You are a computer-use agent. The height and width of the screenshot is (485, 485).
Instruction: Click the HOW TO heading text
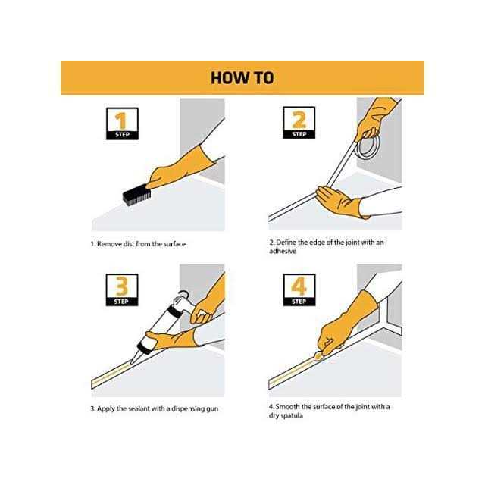click(x=242, y=77)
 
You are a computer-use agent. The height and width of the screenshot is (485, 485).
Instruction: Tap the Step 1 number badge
click(x=122, y=124)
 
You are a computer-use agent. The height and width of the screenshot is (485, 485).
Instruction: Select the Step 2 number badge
click(x=299, y=123)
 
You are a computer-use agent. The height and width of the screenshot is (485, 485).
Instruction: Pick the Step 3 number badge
click(x=122, y=290)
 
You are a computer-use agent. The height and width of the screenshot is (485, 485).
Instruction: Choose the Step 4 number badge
click(x=299, y=290)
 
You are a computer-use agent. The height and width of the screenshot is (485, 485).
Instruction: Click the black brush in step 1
click(x=136, y=195)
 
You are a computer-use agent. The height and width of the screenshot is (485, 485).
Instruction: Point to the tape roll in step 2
click(x=368, y=146)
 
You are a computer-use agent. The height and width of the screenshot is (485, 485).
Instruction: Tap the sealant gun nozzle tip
click(x=132, y=362)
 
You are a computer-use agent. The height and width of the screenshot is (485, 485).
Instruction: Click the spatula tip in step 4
click(x=318, y=358)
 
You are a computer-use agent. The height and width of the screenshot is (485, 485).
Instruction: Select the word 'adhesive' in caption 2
click(x=283, y=251)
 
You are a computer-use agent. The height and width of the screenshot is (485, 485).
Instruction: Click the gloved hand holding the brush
click(x=180, y=168)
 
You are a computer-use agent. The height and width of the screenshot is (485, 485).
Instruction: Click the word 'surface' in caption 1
click(x=174, y=244)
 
